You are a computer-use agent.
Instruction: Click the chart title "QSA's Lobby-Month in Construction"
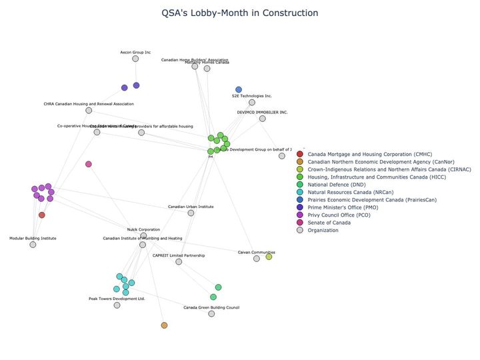240,13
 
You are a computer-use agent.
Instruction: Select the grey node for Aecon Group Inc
135,59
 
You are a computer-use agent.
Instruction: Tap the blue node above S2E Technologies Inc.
239,89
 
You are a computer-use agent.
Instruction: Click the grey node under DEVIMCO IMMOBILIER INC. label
263,119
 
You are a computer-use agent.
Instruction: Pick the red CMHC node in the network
42,215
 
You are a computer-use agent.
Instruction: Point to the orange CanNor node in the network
164,325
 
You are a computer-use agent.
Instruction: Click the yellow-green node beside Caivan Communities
269,257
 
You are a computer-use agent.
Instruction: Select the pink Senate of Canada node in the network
89,164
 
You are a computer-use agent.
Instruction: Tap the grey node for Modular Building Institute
33,245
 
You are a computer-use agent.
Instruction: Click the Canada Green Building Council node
211,314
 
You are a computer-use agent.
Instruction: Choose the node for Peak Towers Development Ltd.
117,305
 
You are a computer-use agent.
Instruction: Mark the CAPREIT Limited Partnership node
179,262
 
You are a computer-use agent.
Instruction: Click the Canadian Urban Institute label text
191,207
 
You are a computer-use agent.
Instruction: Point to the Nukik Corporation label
143,229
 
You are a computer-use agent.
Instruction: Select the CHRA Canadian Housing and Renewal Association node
89,111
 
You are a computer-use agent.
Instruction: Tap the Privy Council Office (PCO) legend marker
300,215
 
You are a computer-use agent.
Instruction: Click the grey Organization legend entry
323,230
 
